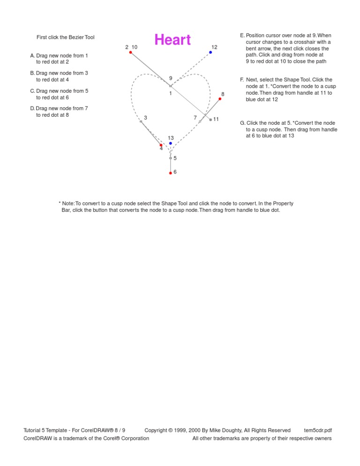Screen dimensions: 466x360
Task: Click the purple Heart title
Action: (172, 40)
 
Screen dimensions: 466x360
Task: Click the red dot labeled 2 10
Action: (130, 53)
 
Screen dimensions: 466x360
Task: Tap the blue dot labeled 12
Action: (210, 53)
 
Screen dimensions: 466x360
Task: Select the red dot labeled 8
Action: (220, 99)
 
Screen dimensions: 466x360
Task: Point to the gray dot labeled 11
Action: (210, 120)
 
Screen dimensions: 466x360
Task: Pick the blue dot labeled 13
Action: (171, 143)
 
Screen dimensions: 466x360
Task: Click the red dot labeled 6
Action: (171, 173)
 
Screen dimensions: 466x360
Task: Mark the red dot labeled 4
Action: (161, 145)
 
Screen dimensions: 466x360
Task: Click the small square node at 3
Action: (141, 121)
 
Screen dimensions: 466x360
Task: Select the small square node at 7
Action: (200, 121)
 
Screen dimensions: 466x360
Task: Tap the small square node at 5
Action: (171, 158)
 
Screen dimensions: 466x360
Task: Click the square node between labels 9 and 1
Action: (171, 86)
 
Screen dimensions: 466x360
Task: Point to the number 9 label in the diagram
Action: (171, 78)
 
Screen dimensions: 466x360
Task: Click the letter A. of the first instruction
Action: (32, 56)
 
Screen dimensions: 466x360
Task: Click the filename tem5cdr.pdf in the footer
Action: (318, 430)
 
